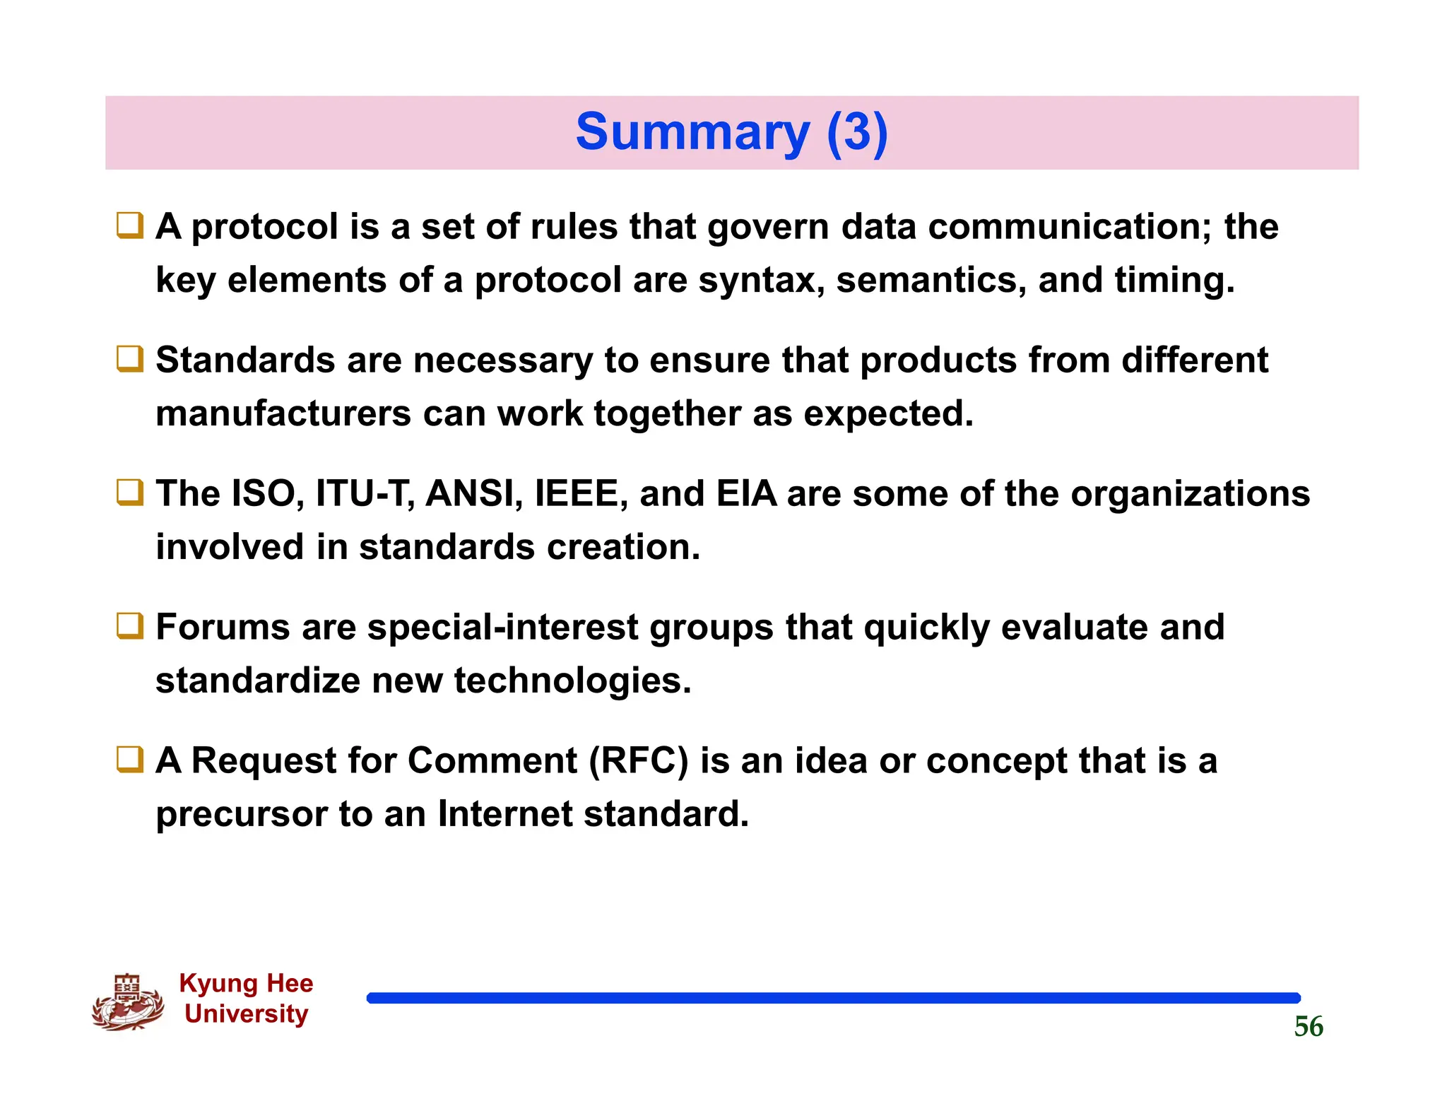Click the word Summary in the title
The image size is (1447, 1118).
point(692,133)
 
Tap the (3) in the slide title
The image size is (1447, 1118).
point(856,133)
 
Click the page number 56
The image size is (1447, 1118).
point(1308,1026)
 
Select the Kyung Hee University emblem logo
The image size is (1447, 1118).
point(128,1002)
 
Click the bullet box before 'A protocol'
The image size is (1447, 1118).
point(130,226)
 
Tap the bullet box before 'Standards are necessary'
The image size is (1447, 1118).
point(130,360)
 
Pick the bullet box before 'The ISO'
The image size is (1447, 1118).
point(130,493)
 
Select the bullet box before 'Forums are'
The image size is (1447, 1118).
point(130,627)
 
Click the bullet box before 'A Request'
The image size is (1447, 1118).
point(130,760)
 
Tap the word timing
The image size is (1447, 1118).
point(1174,281)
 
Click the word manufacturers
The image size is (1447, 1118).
point(283,413)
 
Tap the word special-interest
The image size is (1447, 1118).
point(502,628)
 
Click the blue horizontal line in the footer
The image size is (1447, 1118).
point(833,998)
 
